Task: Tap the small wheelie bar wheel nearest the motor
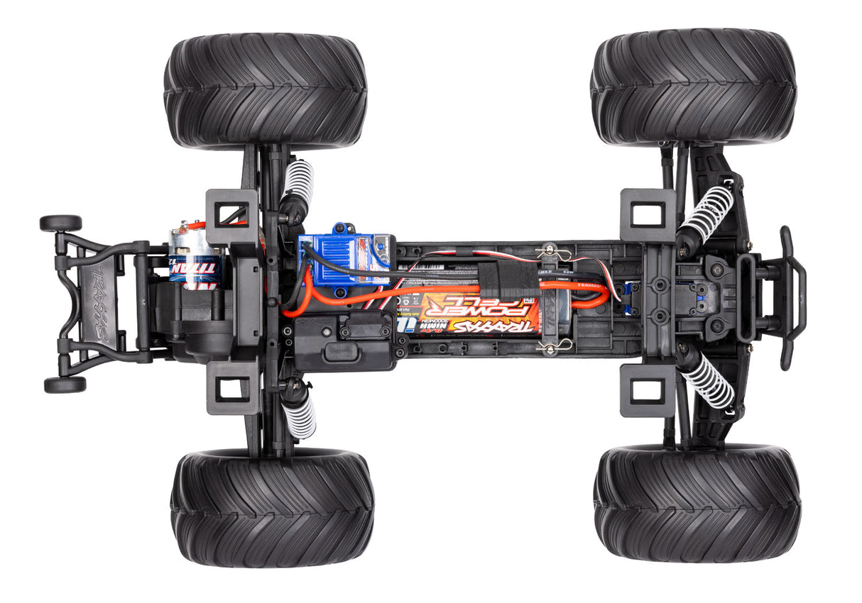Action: click(60, 223)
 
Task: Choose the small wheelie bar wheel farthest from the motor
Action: click(65, 385)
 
